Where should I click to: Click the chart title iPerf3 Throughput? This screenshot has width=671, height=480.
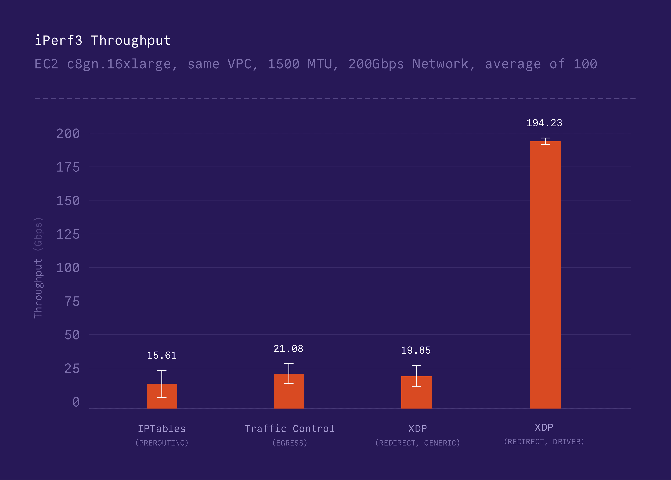[103, 41]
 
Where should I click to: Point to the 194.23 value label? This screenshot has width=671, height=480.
[544, 123]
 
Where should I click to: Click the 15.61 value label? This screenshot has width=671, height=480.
[162, 355]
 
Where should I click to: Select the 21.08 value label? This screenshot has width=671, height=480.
[288, 349]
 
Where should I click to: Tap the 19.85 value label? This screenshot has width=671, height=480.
[416, 350]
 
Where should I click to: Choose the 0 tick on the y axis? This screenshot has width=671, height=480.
[76, 402]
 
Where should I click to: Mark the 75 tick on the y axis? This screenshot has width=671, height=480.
[72, 302]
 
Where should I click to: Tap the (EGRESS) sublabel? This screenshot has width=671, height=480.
[290, 443]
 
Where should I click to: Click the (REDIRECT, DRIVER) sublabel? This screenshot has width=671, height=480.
[544, 442]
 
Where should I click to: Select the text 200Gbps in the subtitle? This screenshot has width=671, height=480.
[376, 64]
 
